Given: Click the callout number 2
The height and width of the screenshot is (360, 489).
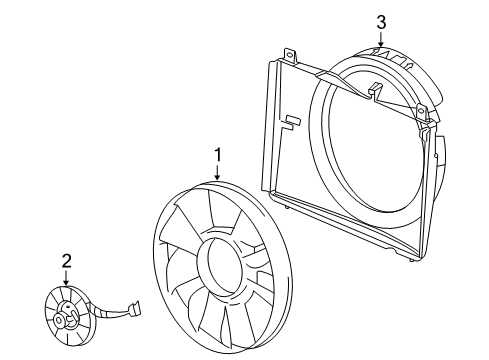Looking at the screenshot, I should pos(66,262).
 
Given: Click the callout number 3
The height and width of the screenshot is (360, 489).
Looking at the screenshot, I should pos(380,21).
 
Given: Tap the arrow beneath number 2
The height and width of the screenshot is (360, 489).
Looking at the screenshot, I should pos(66,280).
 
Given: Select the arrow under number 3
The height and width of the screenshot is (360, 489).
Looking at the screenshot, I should pos(380,40).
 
